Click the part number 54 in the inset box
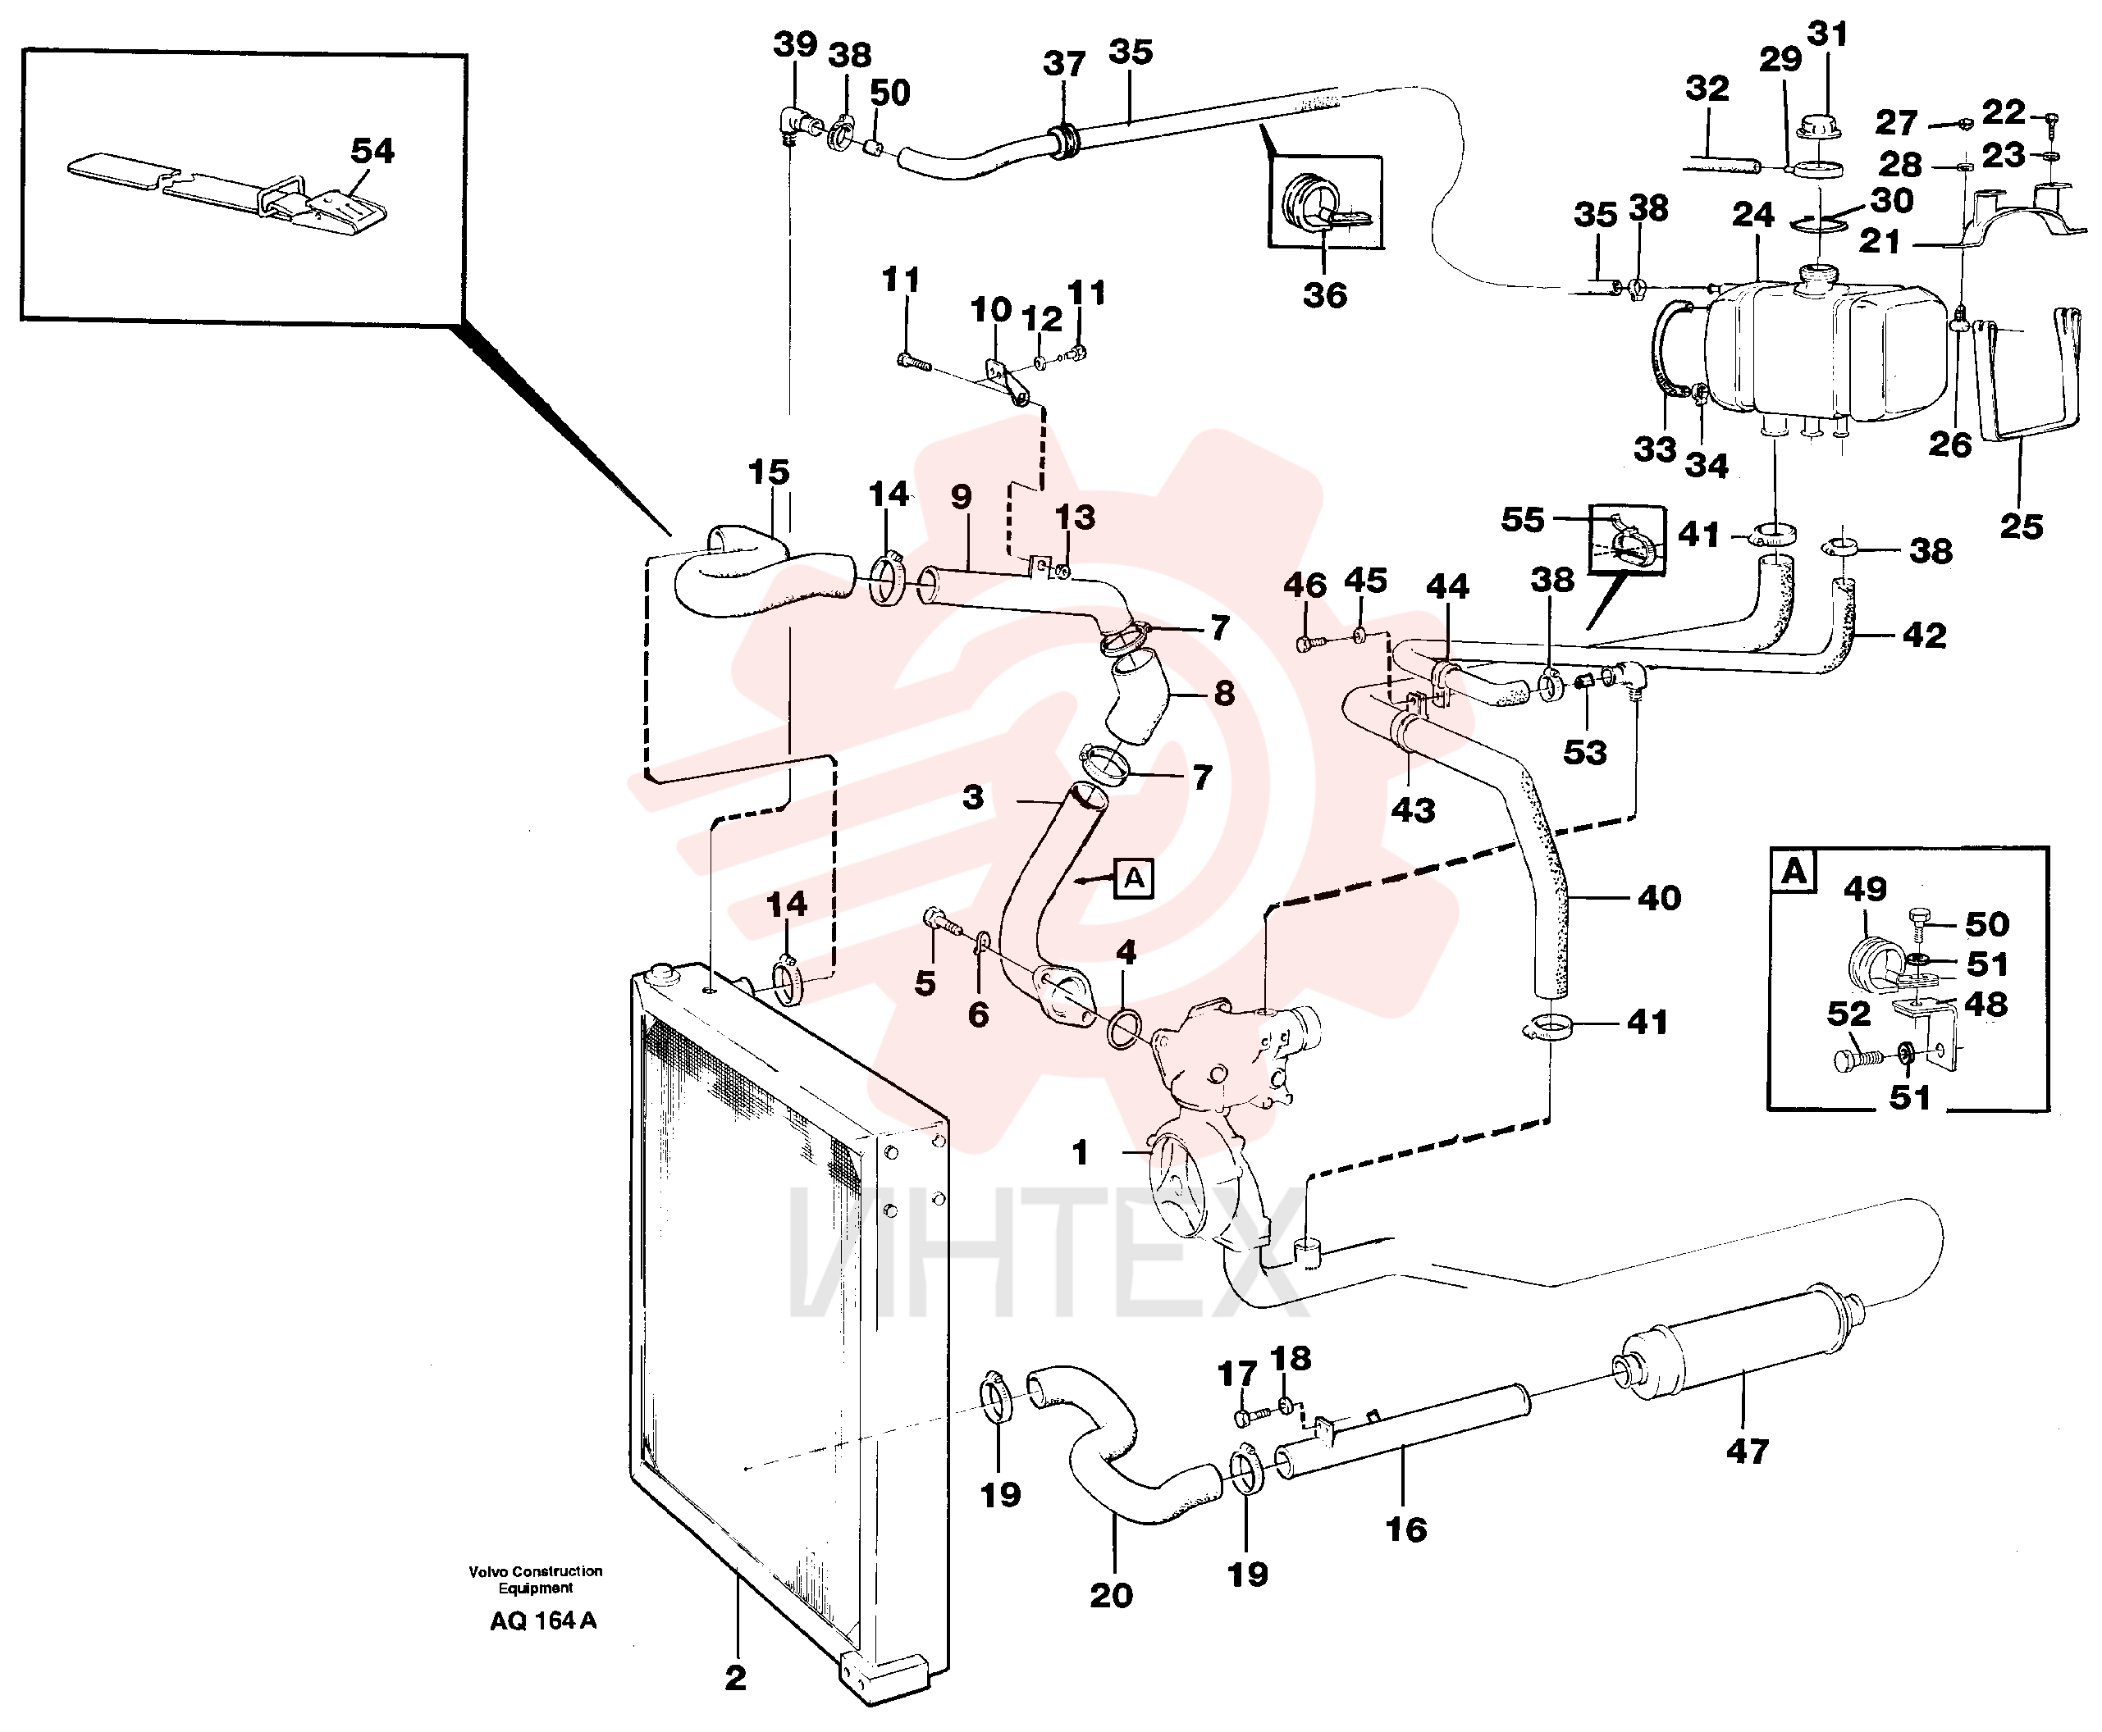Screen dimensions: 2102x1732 point(372,151)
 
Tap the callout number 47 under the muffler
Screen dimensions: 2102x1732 point(1748,1451)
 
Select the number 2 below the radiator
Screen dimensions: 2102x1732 point(736,1677)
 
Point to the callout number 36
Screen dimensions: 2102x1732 point(1324,294)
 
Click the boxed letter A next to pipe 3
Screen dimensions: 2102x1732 point(1134,878)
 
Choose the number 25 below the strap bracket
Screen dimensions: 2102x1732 point(2021,526)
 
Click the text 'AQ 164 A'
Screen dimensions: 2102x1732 point(543,1620)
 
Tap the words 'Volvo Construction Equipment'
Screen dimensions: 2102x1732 point(536,1579)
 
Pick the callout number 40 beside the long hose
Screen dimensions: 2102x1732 point(1659,898)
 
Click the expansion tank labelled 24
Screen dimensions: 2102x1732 point(1826,349)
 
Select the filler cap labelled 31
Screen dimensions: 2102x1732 point(1819,128)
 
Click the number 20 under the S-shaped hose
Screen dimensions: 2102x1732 point(1111,1594)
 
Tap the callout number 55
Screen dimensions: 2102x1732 point(1522,519)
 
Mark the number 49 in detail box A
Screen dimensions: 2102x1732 point(1864,888)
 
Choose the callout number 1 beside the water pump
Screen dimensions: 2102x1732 point(1079,1152)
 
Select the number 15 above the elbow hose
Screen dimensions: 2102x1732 point(768,471)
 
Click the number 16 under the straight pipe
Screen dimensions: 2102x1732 point(1405,1529)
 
